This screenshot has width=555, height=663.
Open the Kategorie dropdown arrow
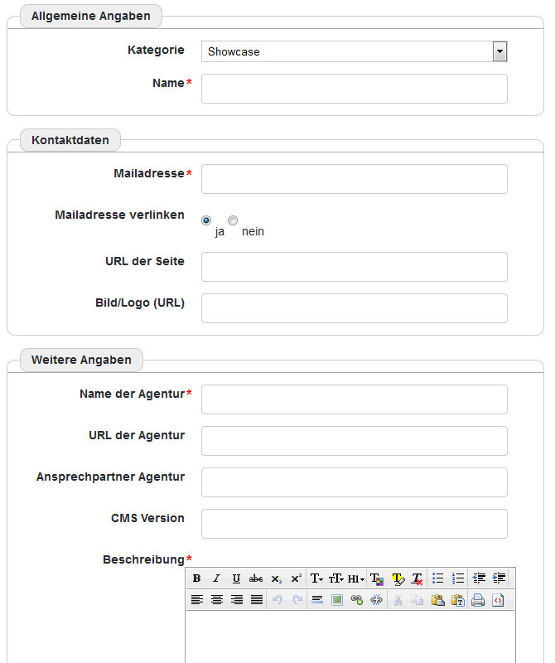499,51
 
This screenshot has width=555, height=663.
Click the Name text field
354,89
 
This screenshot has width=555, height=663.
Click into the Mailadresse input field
354,179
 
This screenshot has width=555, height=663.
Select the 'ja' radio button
206,220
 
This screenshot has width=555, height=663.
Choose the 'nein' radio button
233,220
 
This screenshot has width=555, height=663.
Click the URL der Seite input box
354,267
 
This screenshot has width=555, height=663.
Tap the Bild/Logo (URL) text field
354,308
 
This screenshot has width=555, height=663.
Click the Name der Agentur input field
354,399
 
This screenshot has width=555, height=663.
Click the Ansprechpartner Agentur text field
354,482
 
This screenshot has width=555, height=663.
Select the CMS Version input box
354,524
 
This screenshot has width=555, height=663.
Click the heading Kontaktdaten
70,140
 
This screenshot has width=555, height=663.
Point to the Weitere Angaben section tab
81,360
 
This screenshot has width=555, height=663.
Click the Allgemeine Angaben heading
91,16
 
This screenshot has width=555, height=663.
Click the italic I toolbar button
216,578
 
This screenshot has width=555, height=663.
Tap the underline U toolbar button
236,578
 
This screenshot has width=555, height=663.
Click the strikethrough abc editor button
256,578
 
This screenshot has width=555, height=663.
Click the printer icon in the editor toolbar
478,600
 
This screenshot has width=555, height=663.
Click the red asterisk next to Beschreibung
189,560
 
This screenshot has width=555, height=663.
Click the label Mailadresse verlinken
119,215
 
